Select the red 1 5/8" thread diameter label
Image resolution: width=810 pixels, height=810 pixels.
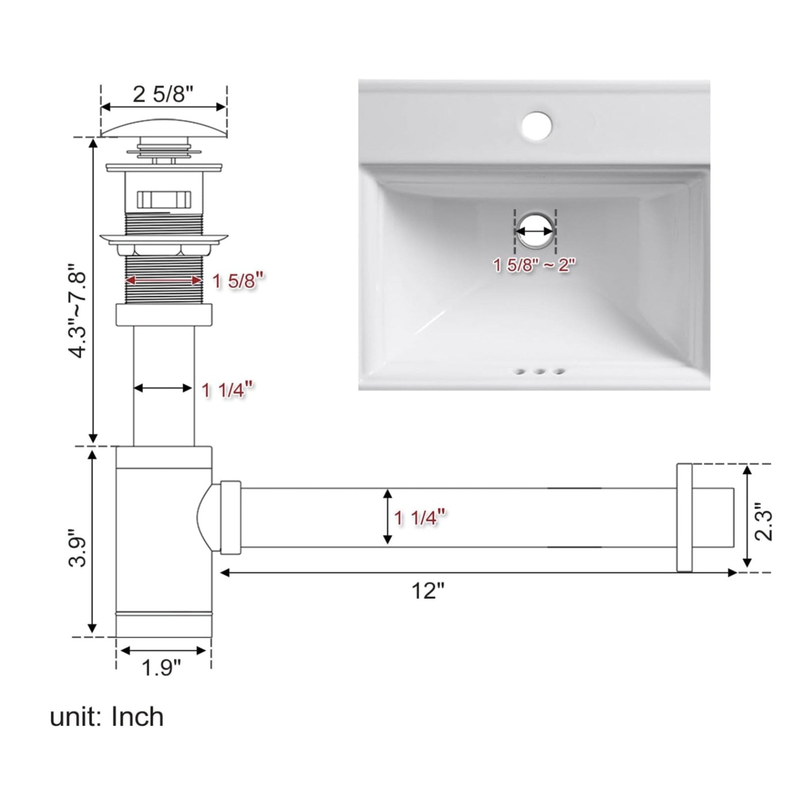[239, 281]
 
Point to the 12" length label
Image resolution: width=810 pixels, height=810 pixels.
[427, 591]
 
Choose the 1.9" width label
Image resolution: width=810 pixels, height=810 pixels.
[161, 668]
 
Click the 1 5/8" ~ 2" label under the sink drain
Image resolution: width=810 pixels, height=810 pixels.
[535, 265]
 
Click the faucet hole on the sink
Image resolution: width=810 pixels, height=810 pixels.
[537, 125]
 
